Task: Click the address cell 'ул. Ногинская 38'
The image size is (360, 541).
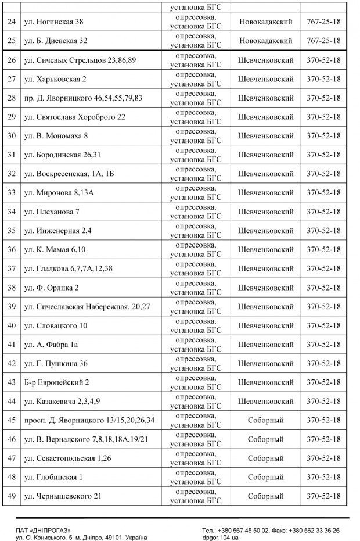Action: pyautogui.click(x=54, y=22)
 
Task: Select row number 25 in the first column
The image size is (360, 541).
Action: pyautogui.click(x=11, y=41)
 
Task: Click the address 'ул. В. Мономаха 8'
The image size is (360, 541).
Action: pyautogui.click(x=56, y=136)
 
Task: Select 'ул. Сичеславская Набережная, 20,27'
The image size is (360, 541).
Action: pyautogui.click(x=84, y=306)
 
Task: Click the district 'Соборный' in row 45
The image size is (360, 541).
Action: pyautogui.click(x=265, y=420)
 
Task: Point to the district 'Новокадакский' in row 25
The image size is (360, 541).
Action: pyautogui.click(x=265, y=41)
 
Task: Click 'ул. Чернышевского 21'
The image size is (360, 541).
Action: pyautogui.click(x=63, y=496)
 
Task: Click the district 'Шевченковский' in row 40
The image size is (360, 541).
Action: pyautogui.click(x=265, y=325)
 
